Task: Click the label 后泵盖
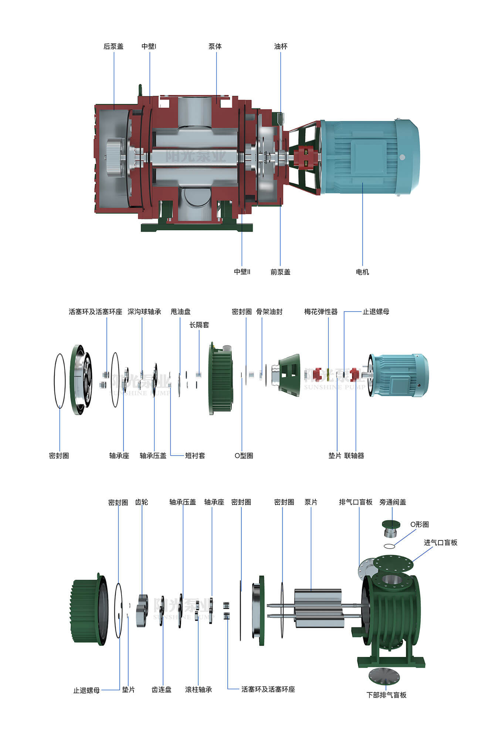(x=113, y=46)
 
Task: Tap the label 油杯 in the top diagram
(x=281, y=46)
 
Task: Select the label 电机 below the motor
(x=362, y=272)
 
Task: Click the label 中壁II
(x=242, y=272)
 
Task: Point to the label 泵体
(x=215, y=46)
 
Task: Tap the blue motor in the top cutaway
(x=370, y=157)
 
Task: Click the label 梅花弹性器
(x=321, y=311)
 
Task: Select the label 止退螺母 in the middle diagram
(x=376, y=311)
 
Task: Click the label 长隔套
(x=199, y=325)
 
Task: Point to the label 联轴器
(x=354, y=456)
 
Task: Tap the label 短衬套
(x=195, y=456)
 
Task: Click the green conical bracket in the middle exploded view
(x=290, y=375)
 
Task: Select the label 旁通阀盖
(x=393, y=502)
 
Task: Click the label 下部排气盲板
(x=386, y=695)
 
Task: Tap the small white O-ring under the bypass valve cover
(x=389, y=546)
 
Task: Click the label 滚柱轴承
(x=199, y=689)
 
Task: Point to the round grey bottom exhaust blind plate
(x=384, y=676)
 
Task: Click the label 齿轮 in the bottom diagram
(x=141, y=502)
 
